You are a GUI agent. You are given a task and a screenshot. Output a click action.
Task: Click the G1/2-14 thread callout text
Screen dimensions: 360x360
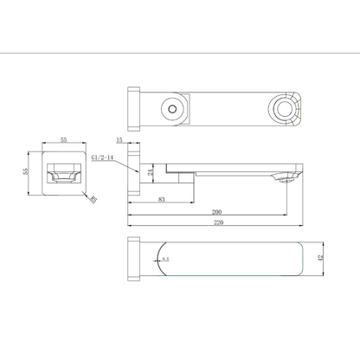[x=103, y=158]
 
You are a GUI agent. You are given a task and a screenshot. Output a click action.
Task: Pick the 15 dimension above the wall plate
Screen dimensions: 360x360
[x=118, y=139]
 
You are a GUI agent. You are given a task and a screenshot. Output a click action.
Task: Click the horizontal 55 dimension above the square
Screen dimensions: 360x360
[x=66, y=139]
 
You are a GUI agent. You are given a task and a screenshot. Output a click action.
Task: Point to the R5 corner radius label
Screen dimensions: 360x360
[x=93, y=199]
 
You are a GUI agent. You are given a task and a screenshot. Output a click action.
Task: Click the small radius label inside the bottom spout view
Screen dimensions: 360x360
[x=165, y=258]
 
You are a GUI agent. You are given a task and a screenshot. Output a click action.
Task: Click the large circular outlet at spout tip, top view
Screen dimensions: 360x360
[x=284, y=111]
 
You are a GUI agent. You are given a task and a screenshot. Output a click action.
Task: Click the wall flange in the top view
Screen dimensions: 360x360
[x=133, y=111]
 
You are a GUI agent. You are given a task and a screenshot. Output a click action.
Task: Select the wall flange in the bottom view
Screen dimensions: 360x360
[x=133, y=257]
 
